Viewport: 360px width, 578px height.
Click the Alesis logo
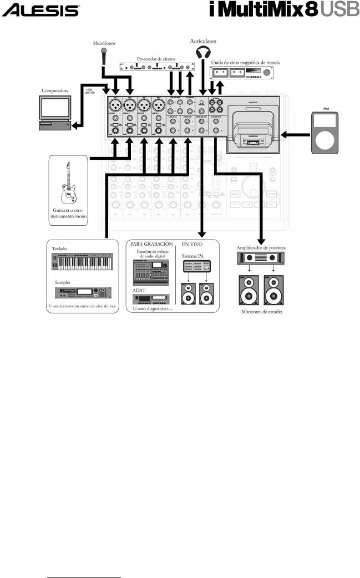click(x=42, y=10)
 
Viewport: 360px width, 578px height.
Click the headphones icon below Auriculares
click(x=203, y=52)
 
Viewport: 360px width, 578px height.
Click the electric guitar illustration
click(x=69, y=182)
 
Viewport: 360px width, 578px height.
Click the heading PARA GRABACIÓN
click(x=153, y=243)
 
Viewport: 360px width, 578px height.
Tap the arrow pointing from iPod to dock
click(x=295, y=134)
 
